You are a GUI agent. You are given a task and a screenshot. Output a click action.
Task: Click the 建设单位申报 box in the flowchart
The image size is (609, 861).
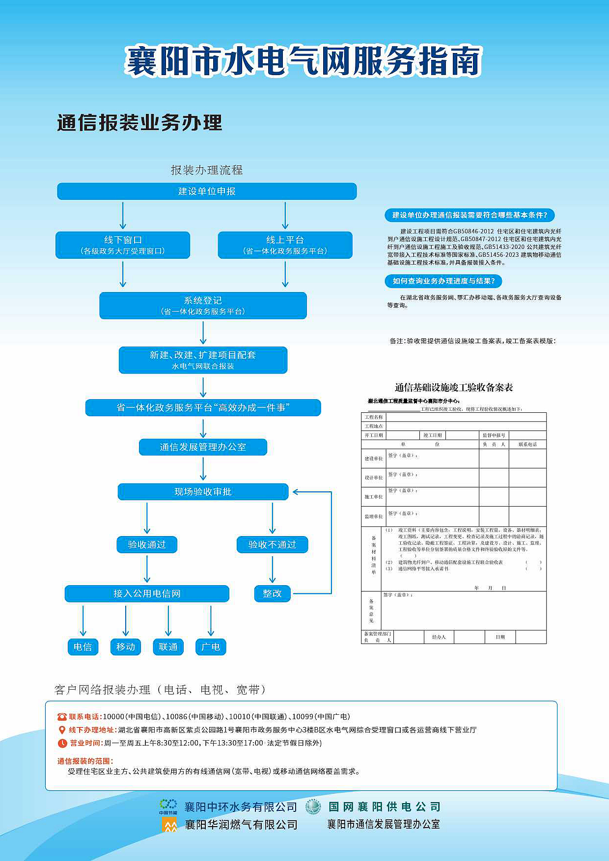click(207, 191)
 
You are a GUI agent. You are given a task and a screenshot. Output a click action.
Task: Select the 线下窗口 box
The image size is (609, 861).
click(123, 245)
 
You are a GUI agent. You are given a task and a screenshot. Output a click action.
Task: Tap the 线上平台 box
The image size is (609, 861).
click(285, 245)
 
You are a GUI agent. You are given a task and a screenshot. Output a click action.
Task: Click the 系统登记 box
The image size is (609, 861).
click(203, 305)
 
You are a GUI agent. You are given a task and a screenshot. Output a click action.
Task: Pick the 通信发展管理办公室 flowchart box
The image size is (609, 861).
click(203, 447)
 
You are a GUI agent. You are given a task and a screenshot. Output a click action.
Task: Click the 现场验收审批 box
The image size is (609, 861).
click(203, 492)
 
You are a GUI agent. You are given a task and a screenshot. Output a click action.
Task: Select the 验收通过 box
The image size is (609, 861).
click(147, 544)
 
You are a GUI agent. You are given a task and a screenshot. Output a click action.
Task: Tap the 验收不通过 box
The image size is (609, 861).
click(272, 544)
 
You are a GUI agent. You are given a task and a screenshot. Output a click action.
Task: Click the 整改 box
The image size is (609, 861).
click(272, 593)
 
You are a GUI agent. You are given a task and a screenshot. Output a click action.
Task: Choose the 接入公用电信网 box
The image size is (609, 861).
click(147, 593)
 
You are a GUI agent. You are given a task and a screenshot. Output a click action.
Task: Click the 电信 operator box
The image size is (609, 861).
click(83, 647)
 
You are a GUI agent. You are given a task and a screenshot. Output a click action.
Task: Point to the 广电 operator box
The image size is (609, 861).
click(211, 647)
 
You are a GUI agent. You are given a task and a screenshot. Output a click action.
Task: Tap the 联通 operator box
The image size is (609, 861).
click(168, 647)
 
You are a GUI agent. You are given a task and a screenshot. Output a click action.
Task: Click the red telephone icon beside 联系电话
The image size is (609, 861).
click(62, 717)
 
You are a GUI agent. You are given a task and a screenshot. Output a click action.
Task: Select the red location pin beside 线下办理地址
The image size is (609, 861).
click(62, 730)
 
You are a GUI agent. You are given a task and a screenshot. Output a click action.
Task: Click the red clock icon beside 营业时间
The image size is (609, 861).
click(62, 743)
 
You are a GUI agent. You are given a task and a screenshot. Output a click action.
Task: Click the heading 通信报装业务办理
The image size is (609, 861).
click(139, 123)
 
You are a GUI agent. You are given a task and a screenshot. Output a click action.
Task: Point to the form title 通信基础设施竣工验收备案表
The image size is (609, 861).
click(453, 388)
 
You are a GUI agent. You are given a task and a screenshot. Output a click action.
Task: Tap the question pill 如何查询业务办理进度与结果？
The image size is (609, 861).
click(443, 281)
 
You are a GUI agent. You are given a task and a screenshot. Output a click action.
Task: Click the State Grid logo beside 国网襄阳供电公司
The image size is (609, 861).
click(313, 807)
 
